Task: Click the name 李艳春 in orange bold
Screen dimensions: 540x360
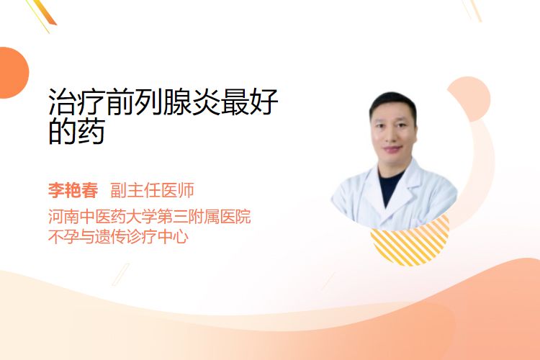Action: pyautogui.click(x=73, y=190)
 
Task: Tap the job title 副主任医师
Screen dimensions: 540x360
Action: pyautogui.click(x=152, y=190)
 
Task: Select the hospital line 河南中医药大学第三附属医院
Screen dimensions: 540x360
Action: pyautogui.click(x=150, y=216)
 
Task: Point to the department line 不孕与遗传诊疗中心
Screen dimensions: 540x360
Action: pyautogui.click(x=118, y=237)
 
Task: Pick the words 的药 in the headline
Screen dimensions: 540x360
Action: pyautogui.click(x=76, y=132)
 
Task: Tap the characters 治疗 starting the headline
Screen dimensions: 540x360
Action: pyautogui.click(x=77, y=102)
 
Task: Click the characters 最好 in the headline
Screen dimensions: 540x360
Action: pyautogui.click(x=249, y=102)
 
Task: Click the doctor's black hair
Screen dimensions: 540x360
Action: pyautogui.click(x=393, y=102)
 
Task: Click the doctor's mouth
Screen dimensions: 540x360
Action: pyautogui.click(x=393, y=150)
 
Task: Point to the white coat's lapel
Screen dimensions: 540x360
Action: pyautogui.click(x=405, y=193)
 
